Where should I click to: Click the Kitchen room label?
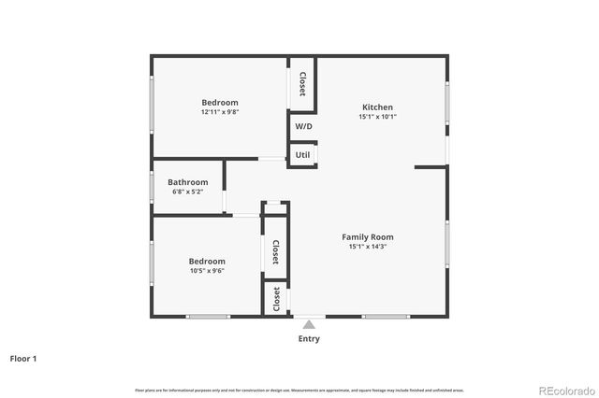[377, 107]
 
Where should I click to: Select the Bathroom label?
[187, 182]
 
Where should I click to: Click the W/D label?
[303, 126]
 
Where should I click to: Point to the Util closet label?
[303, 155]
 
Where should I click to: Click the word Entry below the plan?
[309, 339]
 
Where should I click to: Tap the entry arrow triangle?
[309, 324]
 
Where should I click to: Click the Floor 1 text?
[23, 358]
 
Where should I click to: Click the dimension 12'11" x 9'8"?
[220, 112]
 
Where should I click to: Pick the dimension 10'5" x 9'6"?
[207, 271]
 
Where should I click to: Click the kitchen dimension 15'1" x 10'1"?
[377, 117]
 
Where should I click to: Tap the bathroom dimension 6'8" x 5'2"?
[187, 192]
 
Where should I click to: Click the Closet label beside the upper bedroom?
[302, 83]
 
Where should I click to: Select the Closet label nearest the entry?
[276, 299]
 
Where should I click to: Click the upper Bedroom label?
[220, 103]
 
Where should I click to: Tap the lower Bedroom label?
[207, 262]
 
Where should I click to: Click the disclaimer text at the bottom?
[299, 390]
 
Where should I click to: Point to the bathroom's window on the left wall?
[152, 187]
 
